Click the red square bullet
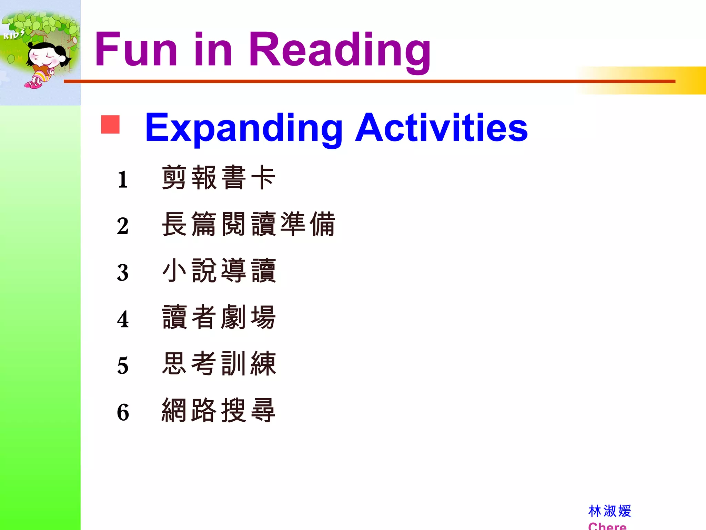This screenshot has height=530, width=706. coord(110,124)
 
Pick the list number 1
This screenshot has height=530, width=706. coord(123,179)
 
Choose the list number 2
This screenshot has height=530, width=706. coord(123,226)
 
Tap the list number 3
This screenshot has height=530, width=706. coord(123,273)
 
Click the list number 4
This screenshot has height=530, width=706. coord(123,319)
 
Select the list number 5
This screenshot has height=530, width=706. coord(123,366)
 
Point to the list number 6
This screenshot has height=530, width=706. coord(123,412)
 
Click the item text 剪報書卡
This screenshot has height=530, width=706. coord(219,177)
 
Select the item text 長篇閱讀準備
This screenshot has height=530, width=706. coord(248,224)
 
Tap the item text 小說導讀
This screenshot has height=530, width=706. coord(219,271)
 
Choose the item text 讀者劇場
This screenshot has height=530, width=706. coord(219,317)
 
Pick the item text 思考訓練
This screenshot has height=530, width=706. coord(219,364)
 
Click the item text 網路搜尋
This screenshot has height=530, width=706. coord(219,410)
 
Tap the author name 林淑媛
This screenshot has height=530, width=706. coord(609,511)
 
